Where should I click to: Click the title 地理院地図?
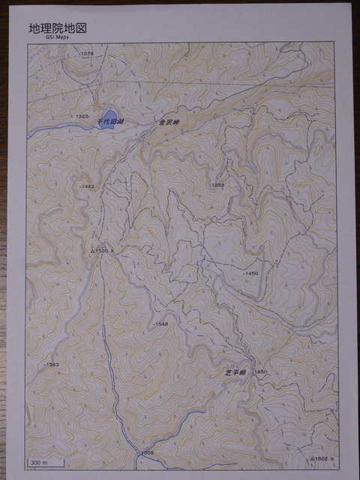(58, 28)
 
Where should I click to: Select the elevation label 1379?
(86, 54)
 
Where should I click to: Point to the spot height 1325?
(82, 117)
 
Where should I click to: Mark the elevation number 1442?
(87, 186)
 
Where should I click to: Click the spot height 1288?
(217, 184)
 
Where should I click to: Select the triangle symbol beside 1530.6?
(92, 250)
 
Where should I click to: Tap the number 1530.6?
(106, 250)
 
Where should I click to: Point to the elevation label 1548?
(160, 324)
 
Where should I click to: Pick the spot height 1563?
(51, 364)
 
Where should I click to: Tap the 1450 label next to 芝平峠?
(259, 372)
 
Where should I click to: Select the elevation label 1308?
(146, 452)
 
